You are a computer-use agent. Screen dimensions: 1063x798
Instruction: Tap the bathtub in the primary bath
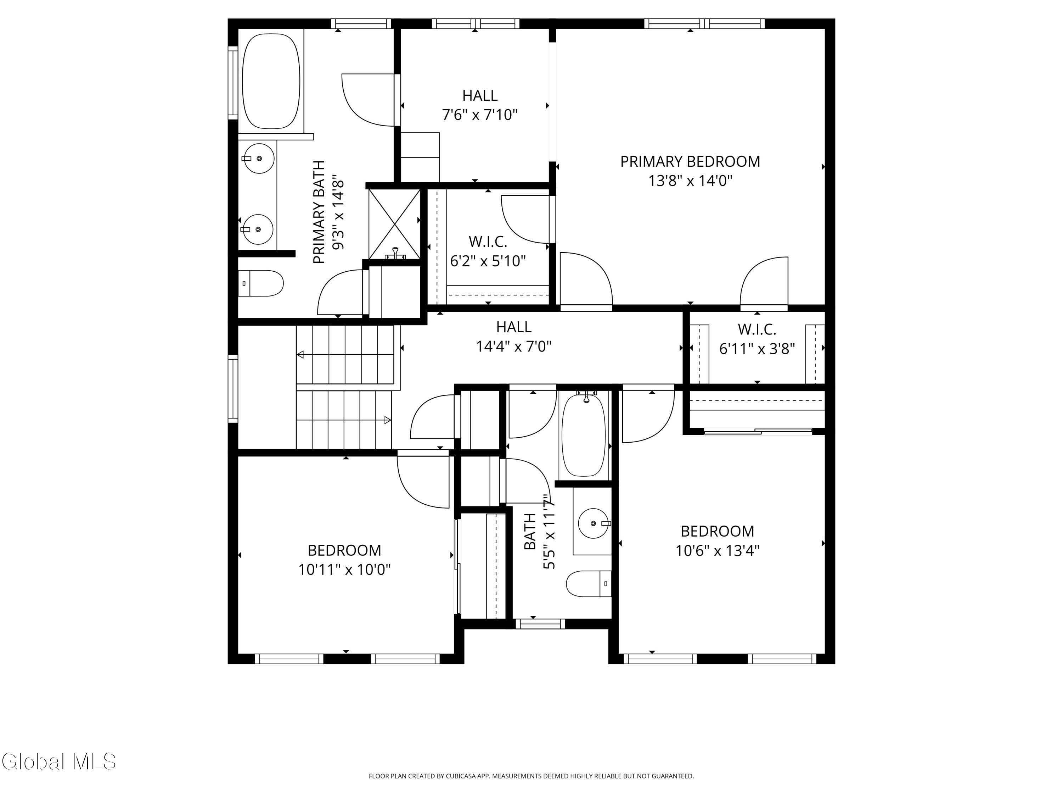(x=271, y=81)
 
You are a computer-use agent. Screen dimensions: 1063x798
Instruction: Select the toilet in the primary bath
(x=261, y=283)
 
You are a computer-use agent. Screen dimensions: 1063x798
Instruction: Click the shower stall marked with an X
(x=394, y=224)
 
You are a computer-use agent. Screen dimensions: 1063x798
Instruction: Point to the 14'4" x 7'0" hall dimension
(x=514, y=346)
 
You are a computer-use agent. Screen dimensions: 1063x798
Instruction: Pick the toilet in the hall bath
(x=589, y=583)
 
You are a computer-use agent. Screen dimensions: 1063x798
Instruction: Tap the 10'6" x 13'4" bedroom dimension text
(x=718, y=550)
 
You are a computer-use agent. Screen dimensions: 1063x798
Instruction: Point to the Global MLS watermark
(x=58, y=761)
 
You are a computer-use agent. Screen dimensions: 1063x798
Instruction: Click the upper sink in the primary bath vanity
(x=259, y=158)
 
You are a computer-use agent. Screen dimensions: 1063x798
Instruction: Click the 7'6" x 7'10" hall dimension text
(x=480, y=115)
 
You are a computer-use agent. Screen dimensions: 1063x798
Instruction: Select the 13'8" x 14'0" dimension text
(x=690, y=181)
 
